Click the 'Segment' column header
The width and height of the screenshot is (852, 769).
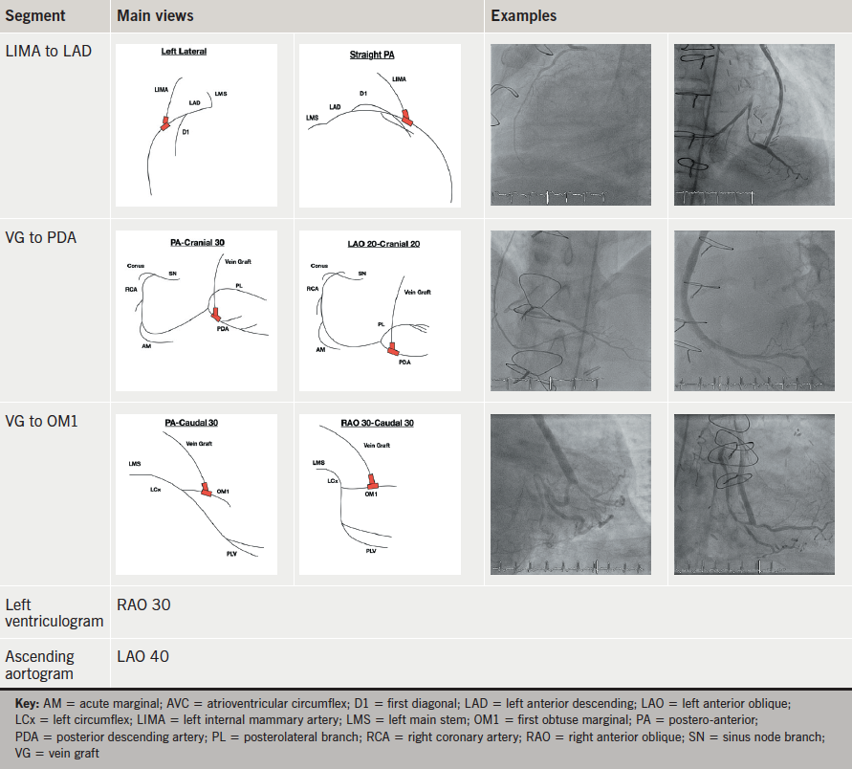pyautogui.click(x=33, y=16)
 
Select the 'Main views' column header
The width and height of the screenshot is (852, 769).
pyautogui.click(x=155, y=16)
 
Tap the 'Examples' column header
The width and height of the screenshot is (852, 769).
pyautogui.click(x=523, y=16)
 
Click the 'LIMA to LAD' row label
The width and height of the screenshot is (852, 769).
pyautogui.click(x=49, y=51)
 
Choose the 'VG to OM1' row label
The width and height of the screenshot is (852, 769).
pyautogui.click(x=42, y=421)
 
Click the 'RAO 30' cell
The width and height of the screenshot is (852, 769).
pyautogui.click(x=144, y=604)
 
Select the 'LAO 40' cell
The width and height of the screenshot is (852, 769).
pyautogui.click(x=144, y=657)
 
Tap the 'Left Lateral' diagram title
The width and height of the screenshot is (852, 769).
pyautogui.click(x=184, y=52)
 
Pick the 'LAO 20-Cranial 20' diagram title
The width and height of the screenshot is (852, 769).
pyautogui.click(x=381, y=244)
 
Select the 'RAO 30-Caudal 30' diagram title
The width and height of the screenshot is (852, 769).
pyautogui.click(x=379, y=423)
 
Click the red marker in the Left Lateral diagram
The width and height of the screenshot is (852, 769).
pyautogui.click(x=165, y=123)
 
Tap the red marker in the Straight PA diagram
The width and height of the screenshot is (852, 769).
pyautogui.click(x=408, y=118)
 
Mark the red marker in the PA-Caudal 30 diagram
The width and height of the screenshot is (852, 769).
pyautogui.click(x=207, y=489)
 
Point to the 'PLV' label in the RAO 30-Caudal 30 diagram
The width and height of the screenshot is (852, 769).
pyautogui.click(x=371, y=552)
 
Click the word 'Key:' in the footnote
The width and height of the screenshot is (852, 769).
pyautogui.click(x=29, y=703)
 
